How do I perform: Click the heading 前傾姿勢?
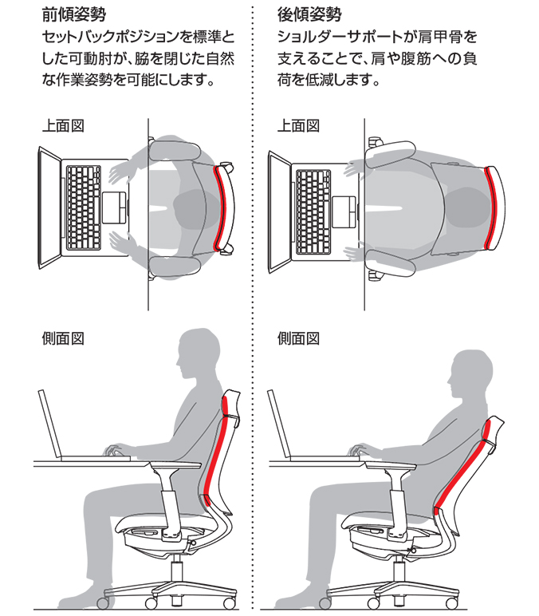pos(74,15)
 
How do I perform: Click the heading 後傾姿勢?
pos(309,15)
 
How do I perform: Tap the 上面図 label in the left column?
pos(63,126)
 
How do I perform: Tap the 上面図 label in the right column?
pos(298,126)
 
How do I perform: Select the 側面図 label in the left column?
pos(63,338)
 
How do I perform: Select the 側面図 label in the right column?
pos(298,338)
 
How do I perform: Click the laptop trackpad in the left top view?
pos(114,207)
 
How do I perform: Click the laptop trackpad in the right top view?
pos(344,212)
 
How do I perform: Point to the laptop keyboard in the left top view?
pos(83,207)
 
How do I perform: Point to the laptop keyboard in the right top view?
pos(313,212)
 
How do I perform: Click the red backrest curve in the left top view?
pos(222,207)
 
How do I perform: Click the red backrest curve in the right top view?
pos(492,207)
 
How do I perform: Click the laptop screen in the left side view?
pos(50,424)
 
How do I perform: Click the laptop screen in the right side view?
pos(279,424)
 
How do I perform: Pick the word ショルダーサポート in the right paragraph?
pos(340,38)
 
